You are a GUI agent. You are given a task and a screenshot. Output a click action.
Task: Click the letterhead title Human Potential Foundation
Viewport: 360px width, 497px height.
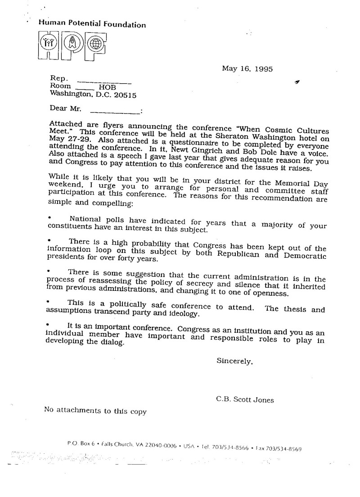coord(92,24)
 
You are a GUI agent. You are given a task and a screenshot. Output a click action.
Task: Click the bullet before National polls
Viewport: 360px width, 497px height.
coord(49,217)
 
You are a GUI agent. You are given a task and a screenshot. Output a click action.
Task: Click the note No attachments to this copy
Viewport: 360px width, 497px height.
coord(95,410)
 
